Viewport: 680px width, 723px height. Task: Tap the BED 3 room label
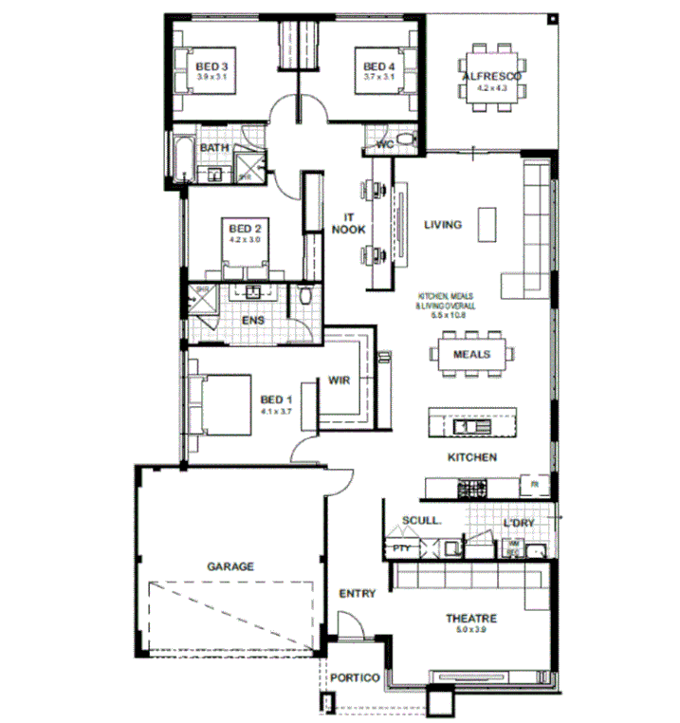211,65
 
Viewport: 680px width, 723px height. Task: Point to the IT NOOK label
343,224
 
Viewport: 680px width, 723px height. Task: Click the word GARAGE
230,566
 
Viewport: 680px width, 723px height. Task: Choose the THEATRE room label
471,619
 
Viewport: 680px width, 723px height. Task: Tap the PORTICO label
356,678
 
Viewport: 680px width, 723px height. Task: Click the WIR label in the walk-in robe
340,380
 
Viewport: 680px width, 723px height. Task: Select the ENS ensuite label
252,321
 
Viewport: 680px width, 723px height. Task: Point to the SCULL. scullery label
420,521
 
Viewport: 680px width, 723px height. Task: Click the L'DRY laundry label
520,524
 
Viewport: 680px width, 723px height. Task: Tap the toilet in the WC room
406,143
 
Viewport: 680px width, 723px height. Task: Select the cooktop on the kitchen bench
471,489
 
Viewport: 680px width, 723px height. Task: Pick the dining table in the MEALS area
471,354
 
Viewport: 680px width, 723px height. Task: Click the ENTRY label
358,594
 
